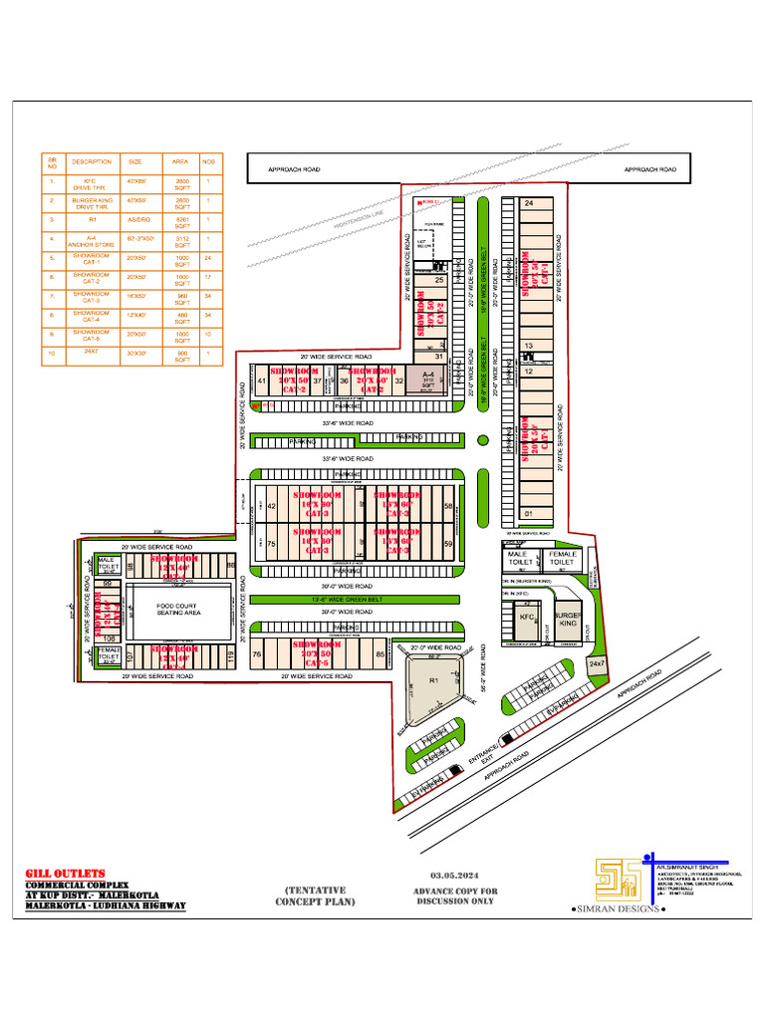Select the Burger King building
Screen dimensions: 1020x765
567,619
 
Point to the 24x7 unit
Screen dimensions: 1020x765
596,663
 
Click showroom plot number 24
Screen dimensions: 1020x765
528,203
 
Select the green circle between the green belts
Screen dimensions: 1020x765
483,439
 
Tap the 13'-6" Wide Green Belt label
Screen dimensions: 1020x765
354,599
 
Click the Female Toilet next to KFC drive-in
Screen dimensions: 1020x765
562,558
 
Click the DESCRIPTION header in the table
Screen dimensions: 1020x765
92,161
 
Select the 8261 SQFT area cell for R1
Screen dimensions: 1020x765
182,220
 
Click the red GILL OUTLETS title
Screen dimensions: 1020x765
65,874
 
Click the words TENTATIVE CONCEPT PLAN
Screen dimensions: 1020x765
315,895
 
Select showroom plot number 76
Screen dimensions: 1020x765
258,654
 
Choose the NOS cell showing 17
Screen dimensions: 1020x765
209,277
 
